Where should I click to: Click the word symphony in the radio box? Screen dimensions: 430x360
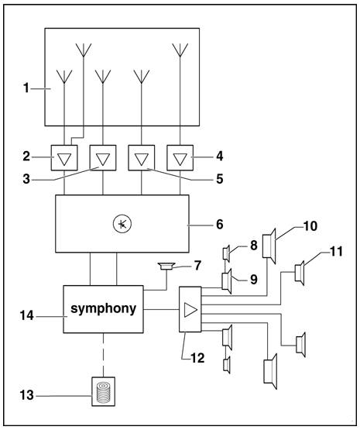coord(103,308)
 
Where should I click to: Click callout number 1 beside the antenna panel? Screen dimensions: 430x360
coord(25,88)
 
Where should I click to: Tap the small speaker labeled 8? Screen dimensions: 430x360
coord(225,253)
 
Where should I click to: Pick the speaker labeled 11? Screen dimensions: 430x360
coord(300,273)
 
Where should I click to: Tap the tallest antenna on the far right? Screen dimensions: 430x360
coord(180,53)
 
